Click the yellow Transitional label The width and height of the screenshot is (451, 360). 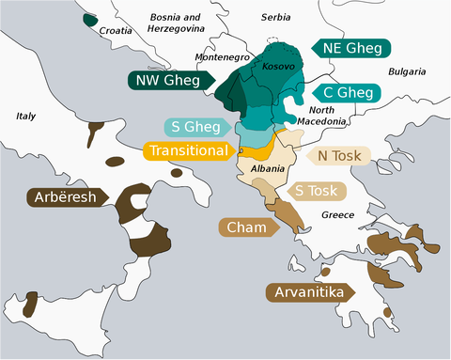click(x=188, y=150)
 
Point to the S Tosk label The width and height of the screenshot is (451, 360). click(x=315, y=191)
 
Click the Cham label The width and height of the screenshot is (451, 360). click(x=247, y=227)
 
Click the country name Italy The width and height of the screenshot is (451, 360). click(x=26, y=117)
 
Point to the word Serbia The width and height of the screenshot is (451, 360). click(x=275, y=17)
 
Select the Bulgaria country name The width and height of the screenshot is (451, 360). click(x=406, y=71)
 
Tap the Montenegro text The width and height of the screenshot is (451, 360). click(x=222, y=57)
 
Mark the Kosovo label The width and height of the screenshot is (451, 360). click(x=279, y=67)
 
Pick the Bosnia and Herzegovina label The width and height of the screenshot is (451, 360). click(x=177, y=23)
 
